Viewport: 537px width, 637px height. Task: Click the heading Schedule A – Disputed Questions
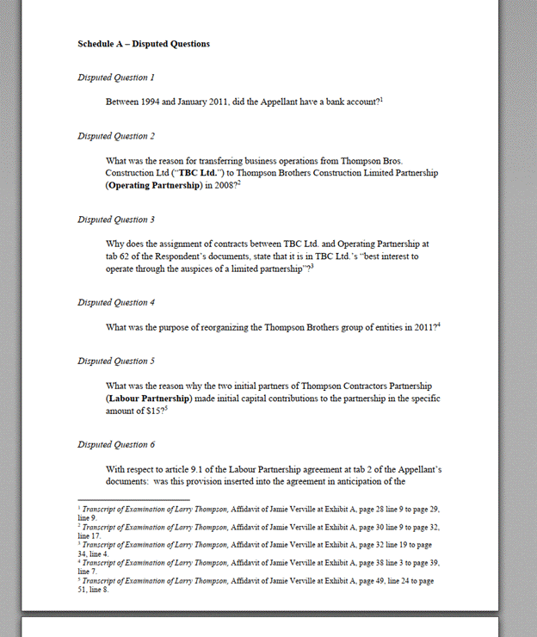[144, 44]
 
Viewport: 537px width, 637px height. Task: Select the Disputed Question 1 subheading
[116, 77]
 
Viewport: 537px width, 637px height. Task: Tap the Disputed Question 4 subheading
[116, 302]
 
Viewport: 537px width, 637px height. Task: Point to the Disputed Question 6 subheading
[116, 444]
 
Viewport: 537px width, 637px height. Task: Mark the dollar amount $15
[157, 411]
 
